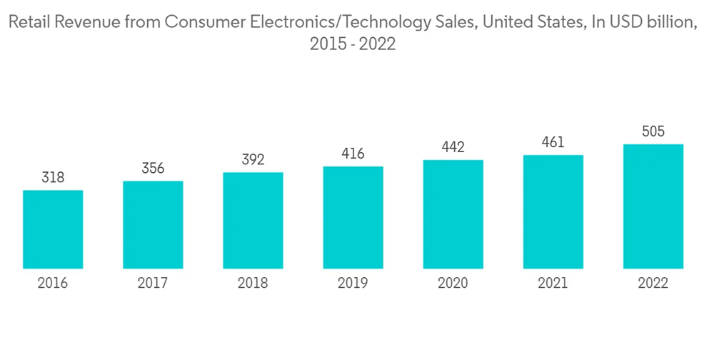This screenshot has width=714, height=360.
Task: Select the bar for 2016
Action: coord(53,229)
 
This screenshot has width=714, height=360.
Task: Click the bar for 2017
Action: coord(153,225)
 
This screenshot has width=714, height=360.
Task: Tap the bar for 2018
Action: coord(253,221)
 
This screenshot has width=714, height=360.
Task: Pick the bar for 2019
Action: coord(353,218)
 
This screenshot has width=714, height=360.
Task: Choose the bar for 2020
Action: coord(453,214)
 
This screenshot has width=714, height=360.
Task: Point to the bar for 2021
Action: coord(553,212)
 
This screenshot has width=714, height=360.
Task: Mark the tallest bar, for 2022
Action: coord(653,206)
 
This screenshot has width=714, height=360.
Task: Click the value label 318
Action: coord(53,178)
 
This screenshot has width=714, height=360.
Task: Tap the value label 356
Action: coord(153,169)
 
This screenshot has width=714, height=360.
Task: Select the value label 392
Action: coord(253,160)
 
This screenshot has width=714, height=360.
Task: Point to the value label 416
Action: coord(353,154)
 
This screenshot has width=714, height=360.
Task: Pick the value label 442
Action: coord(453,147)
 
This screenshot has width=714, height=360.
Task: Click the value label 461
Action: coord(553,142)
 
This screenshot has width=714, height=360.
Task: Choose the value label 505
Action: coord(653,131)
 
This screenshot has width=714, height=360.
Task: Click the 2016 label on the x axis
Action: coord(53,284)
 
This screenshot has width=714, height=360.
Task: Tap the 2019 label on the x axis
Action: coord(353,284)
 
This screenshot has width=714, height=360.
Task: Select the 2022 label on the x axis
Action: coord(653,284)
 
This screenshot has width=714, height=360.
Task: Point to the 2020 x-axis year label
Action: coord(453,284)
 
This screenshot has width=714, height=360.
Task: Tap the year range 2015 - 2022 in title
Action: coord(353,44)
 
